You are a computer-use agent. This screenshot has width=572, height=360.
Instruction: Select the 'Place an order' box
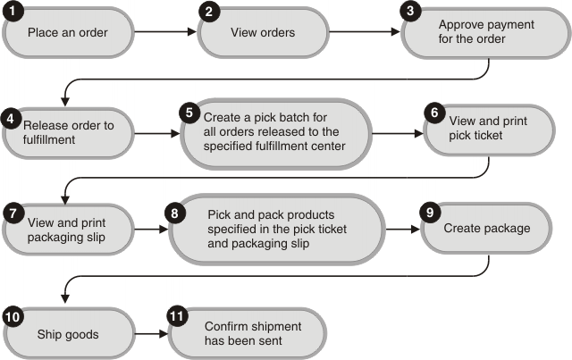(x=68, y=33)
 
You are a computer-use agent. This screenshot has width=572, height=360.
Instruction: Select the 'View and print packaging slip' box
(x=68, y=229)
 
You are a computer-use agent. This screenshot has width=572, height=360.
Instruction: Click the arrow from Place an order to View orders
(x=166, y=33)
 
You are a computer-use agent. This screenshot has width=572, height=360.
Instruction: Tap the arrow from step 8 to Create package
(x=403, y=230)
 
